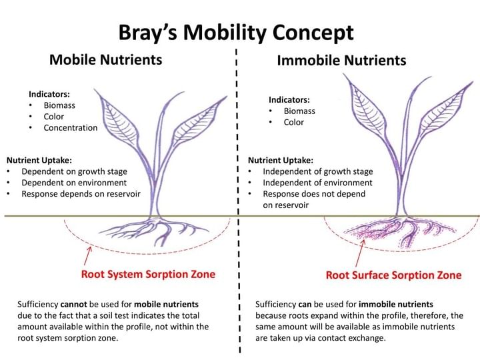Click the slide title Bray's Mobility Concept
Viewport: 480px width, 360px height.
[236, 32]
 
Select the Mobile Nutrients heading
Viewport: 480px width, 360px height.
[105, 60]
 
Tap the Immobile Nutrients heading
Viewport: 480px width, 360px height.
[341, 61]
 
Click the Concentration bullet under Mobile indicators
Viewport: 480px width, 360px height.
[70, 127]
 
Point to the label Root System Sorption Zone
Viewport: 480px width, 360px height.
[148, 274]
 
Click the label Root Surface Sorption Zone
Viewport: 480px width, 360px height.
[393, 275]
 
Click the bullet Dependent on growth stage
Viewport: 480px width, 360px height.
[74, 171]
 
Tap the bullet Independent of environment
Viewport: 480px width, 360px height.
[317, 183]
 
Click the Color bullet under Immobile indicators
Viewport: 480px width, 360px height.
[293, 122]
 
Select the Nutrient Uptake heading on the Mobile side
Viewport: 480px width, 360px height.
[39, 160]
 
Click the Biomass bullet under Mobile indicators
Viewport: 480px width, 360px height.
[59, 105]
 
